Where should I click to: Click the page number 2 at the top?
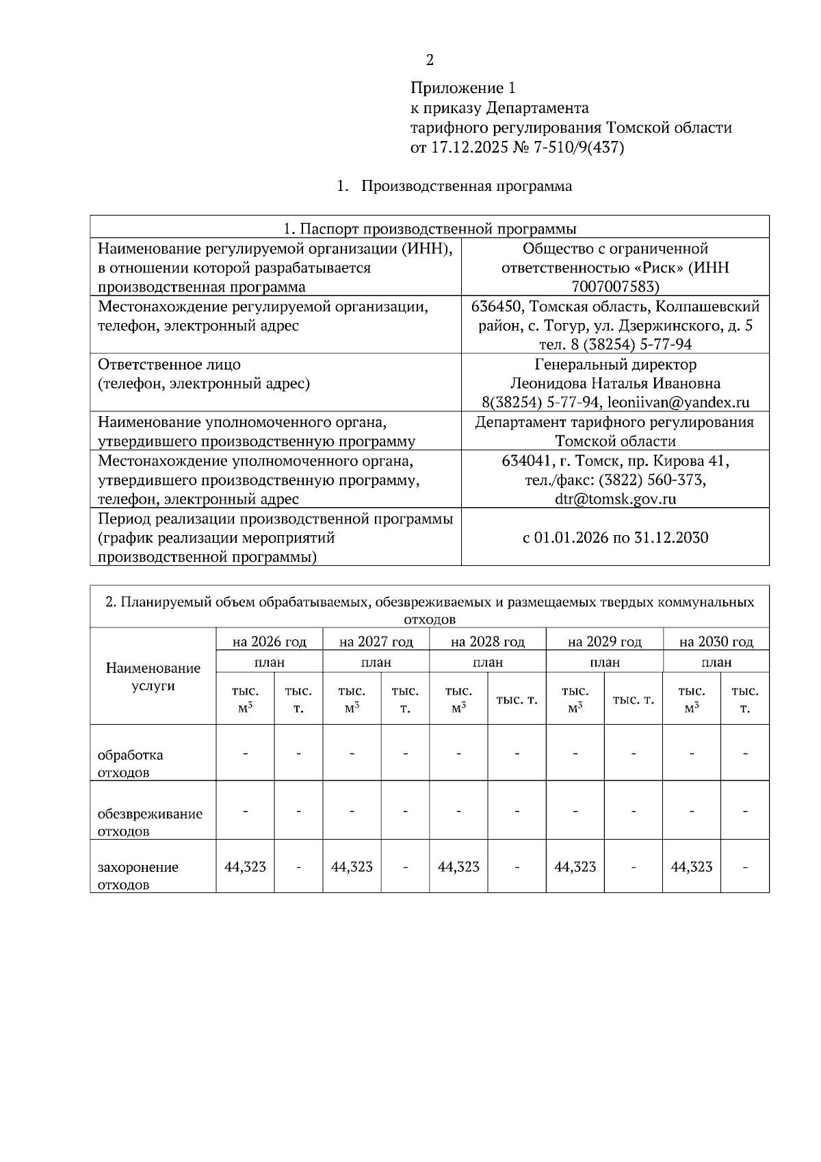click(430, 60)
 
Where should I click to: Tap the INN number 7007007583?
click(614, 287)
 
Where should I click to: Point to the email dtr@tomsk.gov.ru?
click(615, 499)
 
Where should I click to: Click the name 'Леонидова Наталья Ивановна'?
click(614, 383)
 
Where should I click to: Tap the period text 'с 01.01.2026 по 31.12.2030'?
click(615, 538)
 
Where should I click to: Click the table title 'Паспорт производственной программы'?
click(438, 229)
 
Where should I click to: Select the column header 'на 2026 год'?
click(269, 642)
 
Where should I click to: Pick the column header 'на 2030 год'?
click(716, 642)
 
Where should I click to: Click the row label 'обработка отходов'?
click(131, 764)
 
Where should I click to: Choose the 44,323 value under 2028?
click(458, 867)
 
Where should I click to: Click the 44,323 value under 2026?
click(245, 867)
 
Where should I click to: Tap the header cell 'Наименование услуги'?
click(153, 677)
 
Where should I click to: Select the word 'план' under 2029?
click(604, 662)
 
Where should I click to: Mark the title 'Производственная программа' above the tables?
click(466, 186)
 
